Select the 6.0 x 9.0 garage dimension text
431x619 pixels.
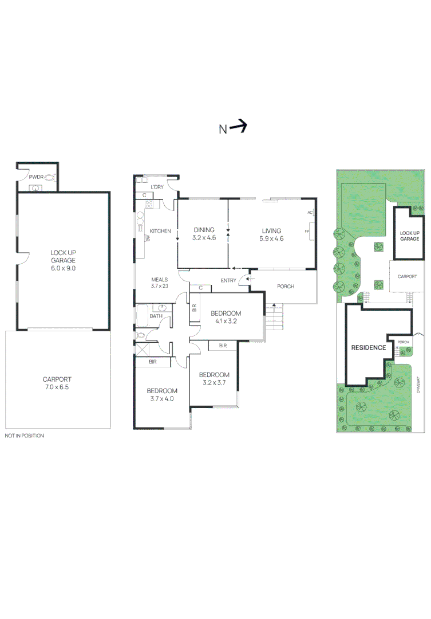[63, 268]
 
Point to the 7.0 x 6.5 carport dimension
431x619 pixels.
[58, 387]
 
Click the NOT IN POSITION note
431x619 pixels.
[24, 436]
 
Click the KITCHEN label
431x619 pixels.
[160, 231]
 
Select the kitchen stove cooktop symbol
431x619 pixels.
[149, 204]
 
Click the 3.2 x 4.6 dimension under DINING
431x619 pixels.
[203, 238]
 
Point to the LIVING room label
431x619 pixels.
[272, 231]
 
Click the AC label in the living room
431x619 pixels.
[310, 213]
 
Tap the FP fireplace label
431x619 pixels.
[307, 232]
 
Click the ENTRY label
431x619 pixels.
[228, 280]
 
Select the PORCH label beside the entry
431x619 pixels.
[285, 286]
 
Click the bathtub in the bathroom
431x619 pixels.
[142, 316]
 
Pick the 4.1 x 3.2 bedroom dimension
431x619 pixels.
[226, 321]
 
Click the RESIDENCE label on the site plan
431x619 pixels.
[369, 347]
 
